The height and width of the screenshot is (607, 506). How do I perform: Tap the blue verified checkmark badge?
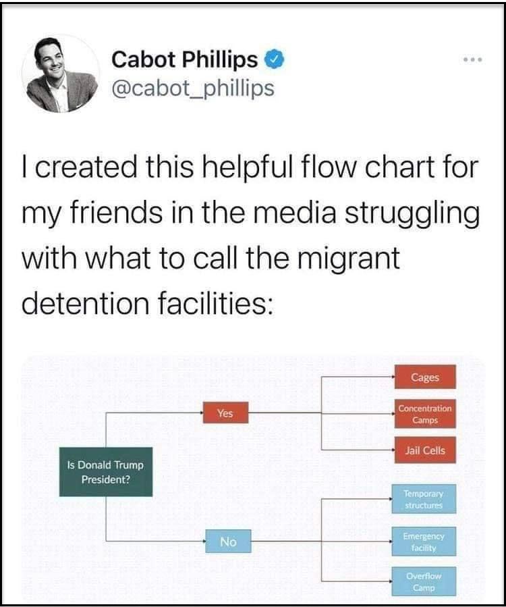[272, 59]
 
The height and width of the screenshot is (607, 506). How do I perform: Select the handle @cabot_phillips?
[193, 88]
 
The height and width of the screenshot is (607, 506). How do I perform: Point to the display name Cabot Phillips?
[184, 59]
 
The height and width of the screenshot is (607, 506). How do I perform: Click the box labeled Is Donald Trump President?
[106, 472]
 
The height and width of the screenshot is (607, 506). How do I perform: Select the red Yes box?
[225, 413]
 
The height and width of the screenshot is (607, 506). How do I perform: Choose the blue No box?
[227, 541]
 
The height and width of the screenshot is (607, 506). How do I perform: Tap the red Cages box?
[425, 377]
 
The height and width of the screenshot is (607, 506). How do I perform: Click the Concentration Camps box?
[425, 414]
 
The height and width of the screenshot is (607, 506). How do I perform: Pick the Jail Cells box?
[425, 450]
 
